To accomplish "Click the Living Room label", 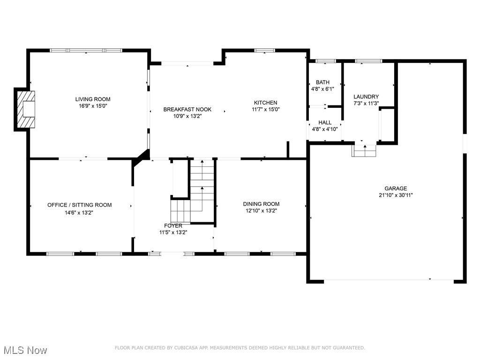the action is pyautogui.click(x=93, y=99).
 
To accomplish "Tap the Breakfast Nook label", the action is pyautogui.click(x=187, y=109).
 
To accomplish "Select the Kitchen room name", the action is pyautogui.click(x=266, y=103).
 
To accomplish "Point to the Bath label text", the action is pyautogui.click(x=322, y=82).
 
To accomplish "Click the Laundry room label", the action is pyautogui.click(x=366, y=97).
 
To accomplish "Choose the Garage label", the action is pyautogui.click(x=396, y=188).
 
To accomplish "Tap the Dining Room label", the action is pyautogui.click(x=261, y=204).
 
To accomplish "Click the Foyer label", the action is pyautogui.click(x=173, y=225).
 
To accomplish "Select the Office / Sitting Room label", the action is pyautogui.click(x=80, y=205).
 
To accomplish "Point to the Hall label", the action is pyautogui.click(x=325, y=122).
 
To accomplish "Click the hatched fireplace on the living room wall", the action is pyautogui.click(x=26, y=109).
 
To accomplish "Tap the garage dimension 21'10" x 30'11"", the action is pyautogui.click(x=396, y=195).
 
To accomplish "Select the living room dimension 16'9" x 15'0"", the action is pyautogui.click(x=93, y=106).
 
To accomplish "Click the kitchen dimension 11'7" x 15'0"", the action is pyautogui.click(x=266, y=109).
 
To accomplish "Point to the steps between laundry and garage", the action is pyautogui.click(x=364, y=150).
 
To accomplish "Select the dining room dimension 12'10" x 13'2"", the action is pyautogui.click(x=261, y=210).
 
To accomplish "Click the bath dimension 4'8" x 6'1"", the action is pyautogui.click(x=322, y=89).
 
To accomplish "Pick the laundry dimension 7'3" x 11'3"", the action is pyautogui.click(x=366, y=103).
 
